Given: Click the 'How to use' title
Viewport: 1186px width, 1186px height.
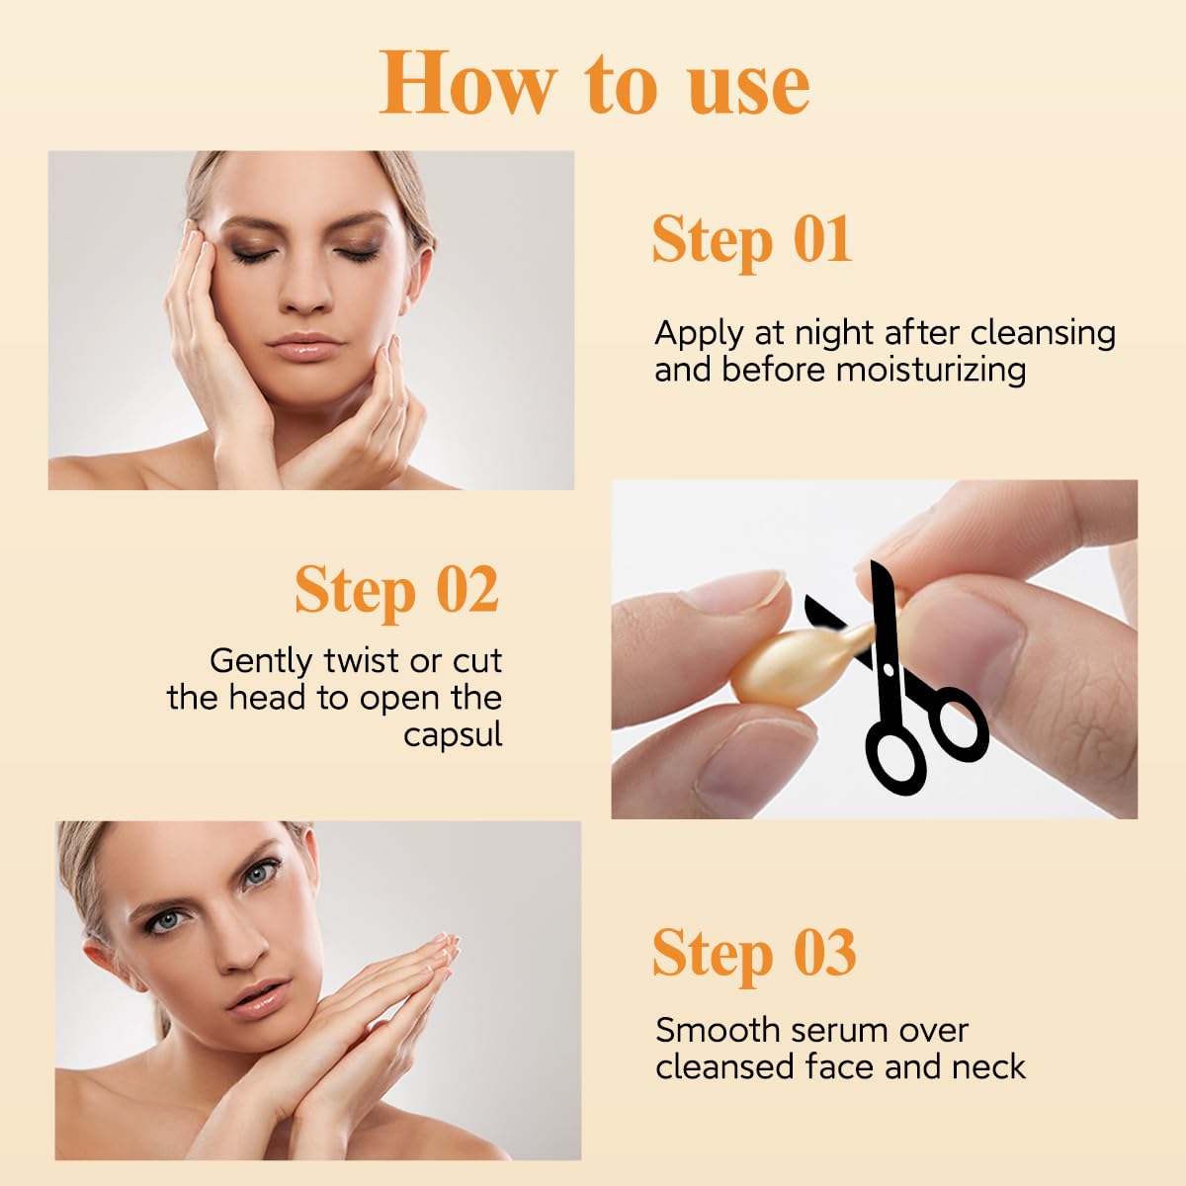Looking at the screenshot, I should (594, 83).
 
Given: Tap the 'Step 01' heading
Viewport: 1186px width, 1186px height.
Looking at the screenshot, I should (751, 239).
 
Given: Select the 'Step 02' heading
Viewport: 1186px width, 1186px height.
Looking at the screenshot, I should (396, 590).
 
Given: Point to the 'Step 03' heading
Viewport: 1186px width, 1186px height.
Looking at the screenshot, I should (753, 953).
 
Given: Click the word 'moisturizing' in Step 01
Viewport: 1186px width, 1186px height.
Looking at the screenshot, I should (930, 371).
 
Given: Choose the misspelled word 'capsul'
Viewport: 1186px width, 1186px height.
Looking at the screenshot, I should (453, 735).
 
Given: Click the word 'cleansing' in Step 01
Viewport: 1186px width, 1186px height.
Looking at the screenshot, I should (1043, 334).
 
